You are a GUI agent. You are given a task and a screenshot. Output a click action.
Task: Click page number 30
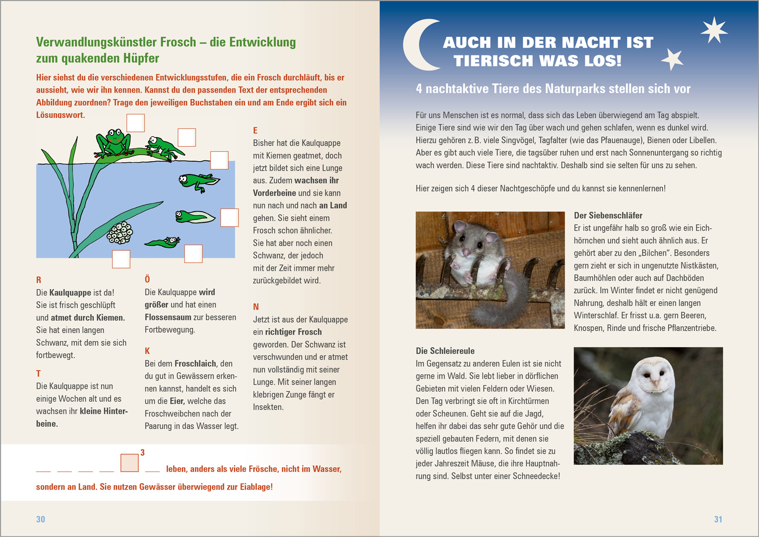pyautogui.click(x=41, y=519)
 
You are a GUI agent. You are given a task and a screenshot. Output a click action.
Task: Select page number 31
pyautogui.click(x=718, y=519)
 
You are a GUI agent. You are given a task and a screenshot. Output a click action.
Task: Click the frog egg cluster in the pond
pyautogui.click(x=120, y=232)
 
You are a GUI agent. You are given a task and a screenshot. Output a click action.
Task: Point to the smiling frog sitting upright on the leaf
pyautogui.click(x=114, y=142)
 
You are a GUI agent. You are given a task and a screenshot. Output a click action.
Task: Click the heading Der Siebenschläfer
pyautogui.click(x=608, y=215)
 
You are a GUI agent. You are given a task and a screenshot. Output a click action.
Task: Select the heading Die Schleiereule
pyautogui.click(x=445, y=351)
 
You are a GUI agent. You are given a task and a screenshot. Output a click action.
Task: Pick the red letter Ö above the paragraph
pyautogui.click(x=147, y=279)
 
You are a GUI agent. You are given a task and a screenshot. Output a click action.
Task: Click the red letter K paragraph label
pyautogui.click(x=147, y=351)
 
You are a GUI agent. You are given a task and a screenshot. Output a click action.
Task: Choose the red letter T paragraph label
pyautogui.click(x=38, y=373)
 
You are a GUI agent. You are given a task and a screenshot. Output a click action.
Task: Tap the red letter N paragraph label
pyautogui.click(x=256, y=307)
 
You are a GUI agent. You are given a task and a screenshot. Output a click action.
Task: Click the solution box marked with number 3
pyautogui.click(x=129, y=463)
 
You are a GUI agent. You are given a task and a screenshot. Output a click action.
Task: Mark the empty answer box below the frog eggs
pyautogui.click(x=121, y=259)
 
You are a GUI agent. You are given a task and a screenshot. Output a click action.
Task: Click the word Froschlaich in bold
pyautogui.click(x=195, y=364)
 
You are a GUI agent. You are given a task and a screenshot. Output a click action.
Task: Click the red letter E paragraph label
pyautogui.click(x=255, y=130)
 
